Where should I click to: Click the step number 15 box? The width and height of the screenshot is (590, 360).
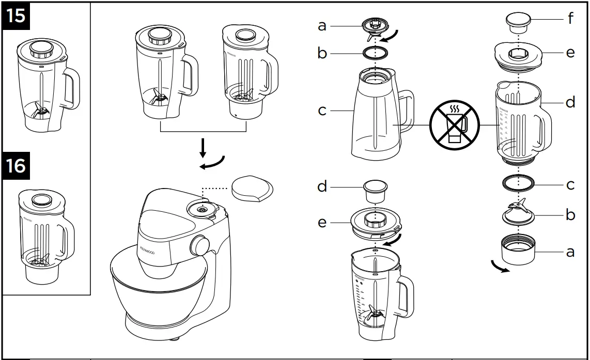click(x=16, y=15)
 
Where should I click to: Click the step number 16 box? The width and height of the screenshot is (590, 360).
click(x=16, y=166)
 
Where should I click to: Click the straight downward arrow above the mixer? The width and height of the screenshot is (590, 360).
click(x=203, y=147)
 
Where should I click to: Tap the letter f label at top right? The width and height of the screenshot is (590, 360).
click(x=570, y=19)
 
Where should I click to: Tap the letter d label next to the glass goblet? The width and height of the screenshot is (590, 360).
click(x=570, y=103)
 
